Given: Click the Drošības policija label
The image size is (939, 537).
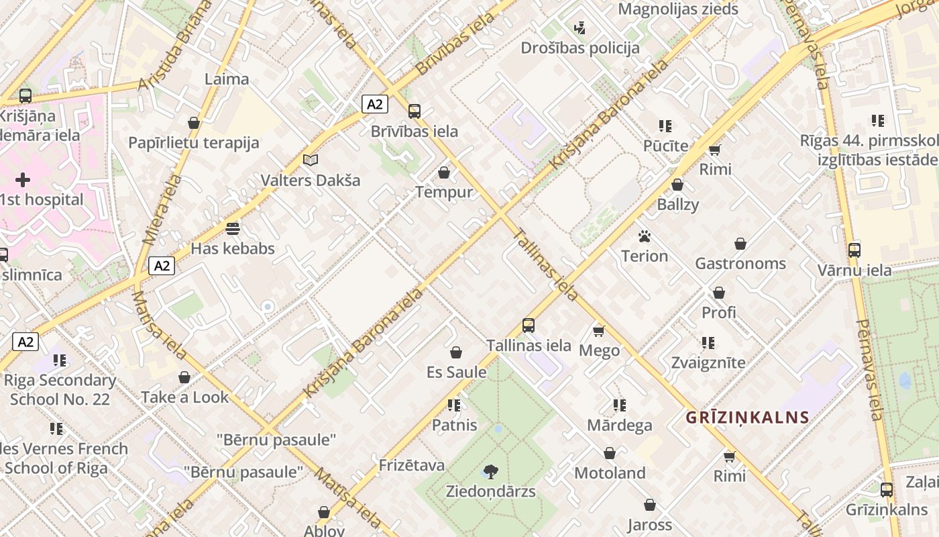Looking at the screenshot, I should (580, 48).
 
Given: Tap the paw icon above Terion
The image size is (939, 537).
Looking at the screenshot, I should (645, 236).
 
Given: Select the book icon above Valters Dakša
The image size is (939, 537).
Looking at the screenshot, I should (310, 160).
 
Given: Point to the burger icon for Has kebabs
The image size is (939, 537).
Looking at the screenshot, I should (233, 228).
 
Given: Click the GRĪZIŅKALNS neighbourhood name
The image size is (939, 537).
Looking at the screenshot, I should (747, 418).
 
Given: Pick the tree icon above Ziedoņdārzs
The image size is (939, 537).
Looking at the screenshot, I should (491, 471).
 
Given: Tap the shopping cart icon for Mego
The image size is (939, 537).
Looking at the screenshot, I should (599, 330).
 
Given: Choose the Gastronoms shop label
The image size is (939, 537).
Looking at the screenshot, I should (740, 263).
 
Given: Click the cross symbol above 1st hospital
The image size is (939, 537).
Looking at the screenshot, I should (23, 179).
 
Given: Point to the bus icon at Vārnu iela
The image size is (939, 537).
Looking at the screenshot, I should (854, 250).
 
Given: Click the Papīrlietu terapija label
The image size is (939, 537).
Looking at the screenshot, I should (194, 143).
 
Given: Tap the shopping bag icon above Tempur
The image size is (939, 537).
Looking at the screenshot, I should (443, 173).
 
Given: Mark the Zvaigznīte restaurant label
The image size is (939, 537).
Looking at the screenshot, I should (708, 362).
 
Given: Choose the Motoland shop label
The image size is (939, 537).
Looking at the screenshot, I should (610, 473).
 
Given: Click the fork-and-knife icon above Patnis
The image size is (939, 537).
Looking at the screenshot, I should (454, 405).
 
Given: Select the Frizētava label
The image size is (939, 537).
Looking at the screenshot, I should (412, 465).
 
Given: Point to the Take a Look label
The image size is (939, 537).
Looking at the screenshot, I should (184, 397).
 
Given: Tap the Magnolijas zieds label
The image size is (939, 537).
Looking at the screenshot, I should (678, 9).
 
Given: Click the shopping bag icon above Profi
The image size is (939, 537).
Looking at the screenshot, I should (718, 293).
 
